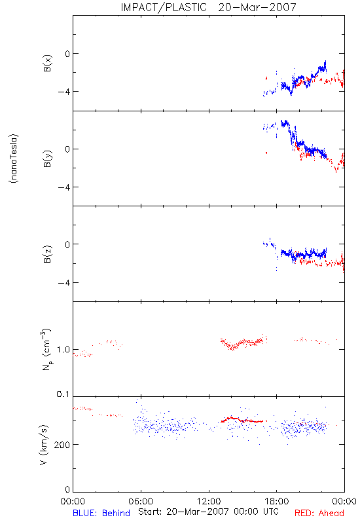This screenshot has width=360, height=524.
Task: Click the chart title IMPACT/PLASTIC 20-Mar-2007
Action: click(208, 7)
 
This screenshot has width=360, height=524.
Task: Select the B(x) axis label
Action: click(48, 63)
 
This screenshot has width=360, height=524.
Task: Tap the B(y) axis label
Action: click(48, 159)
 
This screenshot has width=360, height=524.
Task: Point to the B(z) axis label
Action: click(48, 254)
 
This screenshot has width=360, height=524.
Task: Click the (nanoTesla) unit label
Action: click(14, 159)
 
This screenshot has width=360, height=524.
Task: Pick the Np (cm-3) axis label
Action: click(46, 349)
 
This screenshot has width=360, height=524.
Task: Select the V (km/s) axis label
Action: click(44, 445)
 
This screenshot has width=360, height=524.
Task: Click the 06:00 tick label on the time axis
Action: click(141, 501)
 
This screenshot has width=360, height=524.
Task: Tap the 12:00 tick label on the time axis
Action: click(209, 501)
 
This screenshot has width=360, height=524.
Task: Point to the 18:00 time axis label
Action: click(276, 501)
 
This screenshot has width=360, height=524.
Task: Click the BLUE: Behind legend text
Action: click(101, 513)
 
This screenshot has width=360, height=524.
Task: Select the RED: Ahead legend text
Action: click(319, 513)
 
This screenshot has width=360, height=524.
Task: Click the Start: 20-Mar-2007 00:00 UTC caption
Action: click(208, 512)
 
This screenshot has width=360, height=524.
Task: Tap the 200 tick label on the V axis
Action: click(62, 445)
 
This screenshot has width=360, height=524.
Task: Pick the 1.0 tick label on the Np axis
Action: click(63, 350)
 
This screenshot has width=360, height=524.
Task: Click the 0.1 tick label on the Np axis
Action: click(63, 394)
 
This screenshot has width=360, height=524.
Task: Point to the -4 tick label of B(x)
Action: click(63, 92)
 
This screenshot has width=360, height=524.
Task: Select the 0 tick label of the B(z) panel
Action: click(67, 244)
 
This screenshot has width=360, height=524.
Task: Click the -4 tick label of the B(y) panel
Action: click(63, 187)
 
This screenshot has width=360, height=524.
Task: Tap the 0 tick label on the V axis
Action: click(67, 489)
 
